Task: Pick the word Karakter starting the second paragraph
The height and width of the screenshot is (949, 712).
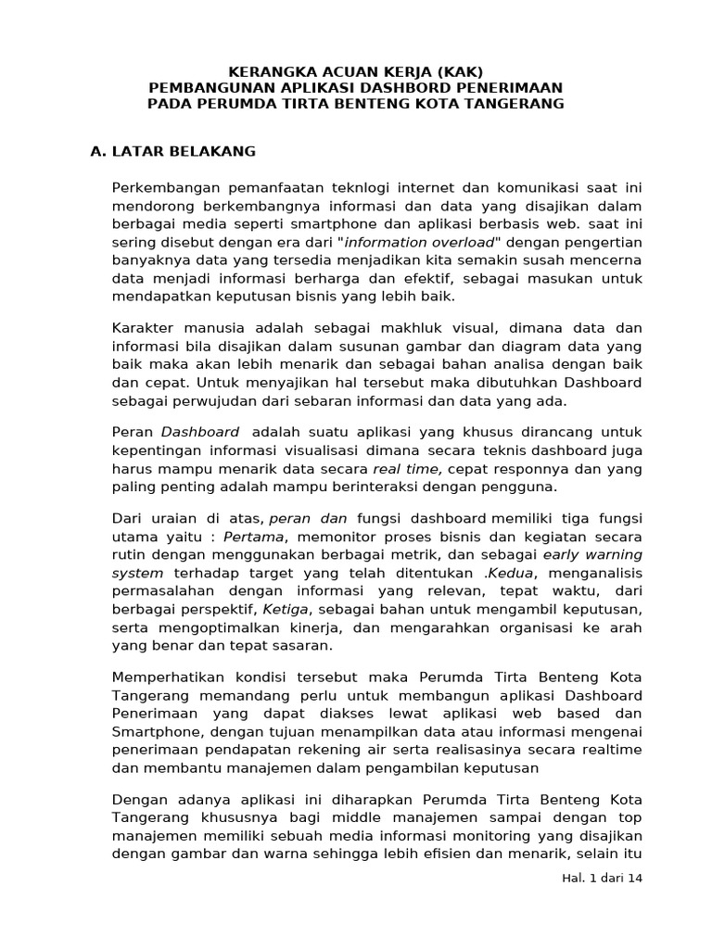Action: (143, 329)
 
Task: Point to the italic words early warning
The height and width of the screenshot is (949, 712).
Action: (591, 555)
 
